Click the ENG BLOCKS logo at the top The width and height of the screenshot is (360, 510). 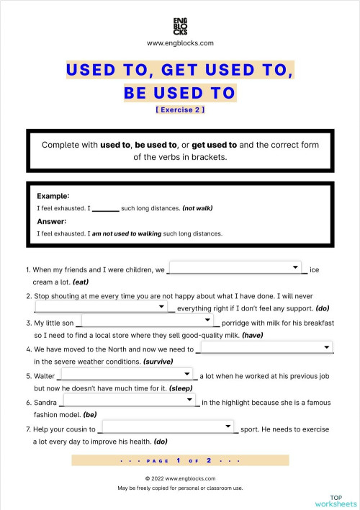tap(180, 26)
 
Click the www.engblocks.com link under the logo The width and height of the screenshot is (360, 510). tap(180, 43)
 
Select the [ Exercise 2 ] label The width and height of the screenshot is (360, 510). tap(180, 110)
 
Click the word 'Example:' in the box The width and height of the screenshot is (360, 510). tap(53, 196)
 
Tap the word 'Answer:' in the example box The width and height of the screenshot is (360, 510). tap(52, 221)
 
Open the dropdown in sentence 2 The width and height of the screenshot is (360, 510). tap(101, 307)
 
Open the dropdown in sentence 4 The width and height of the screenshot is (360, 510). tap(265, 347)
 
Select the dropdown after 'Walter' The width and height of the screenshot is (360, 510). tap(127, 374)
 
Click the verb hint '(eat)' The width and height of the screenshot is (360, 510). tap(81, 282)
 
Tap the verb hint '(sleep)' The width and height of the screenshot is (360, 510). tap(181, 388)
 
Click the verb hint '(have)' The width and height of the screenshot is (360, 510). tap(252, 335)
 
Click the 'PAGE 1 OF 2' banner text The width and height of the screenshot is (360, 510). tap(180, 460)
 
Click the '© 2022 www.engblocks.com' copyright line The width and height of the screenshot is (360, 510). tap(180, 478)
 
